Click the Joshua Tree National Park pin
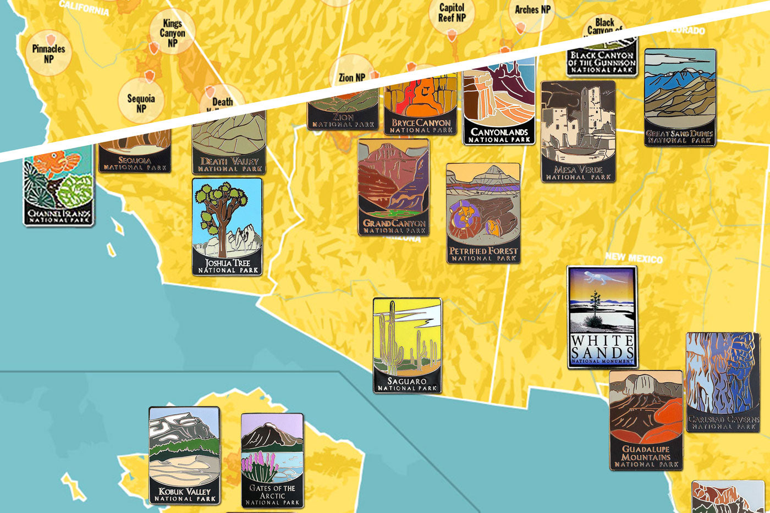click(x=227, y=226)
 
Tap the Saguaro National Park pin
click(x=407, y=345)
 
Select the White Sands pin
click(x=602, y=317)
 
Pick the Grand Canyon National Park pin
click(x=393, y=187)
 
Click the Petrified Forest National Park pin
click(x=483, y=213)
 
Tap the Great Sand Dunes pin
click(x=680, y=97)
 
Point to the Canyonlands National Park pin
click(x=499, y=104)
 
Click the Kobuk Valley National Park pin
click(x=184, y=455)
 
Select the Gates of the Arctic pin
click(x=272, y=460)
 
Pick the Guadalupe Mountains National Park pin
click(x=646, y=420)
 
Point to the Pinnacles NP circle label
click(x=48, y=53)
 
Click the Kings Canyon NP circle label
click(x=172, y=32)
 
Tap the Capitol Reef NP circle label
click(x=452, y=13)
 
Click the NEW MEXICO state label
click(x=634, y=257)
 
